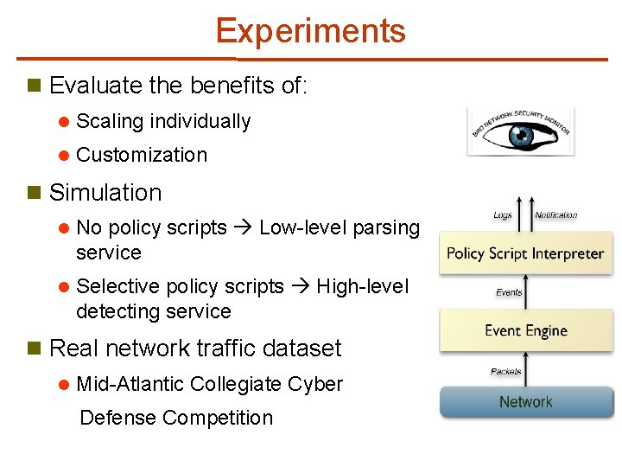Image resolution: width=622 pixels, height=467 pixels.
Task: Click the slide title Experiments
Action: point(310,31)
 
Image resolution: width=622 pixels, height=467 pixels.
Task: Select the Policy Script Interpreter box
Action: point(524,253)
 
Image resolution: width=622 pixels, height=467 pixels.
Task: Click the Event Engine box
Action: point(525,330)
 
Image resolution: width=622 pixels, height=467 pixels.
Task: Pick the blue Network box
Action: point(525,402)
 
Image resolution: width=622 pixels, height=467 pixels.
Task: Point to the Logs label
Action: point(503,215)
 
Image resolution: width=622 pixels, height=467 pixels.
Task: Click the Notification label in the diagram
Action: point(555,215)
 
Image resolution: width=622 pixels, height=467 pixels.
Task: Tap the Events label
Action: point(509,292)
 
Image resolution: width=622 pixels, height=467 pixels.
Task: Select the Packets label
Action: point(506,371)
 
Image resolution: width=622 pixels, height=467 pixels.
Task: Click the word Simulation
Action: point(105,193)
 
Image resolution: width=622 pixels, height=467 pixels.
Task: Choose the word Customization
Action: point(142,156)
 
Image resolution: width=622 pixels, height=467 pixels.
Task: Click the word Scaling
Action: point(110,122)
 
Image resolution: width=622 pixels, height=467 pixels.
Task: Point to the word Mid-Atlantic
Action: point(130,384)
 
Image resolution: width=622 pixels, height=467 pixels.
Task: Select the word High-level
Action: point(362,286)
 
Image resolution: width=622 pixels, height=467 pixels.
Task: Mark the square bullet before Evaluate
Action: point(35,86)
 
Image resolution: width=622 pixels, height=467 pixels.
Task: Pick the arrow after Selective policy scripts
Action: point(300,287)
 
